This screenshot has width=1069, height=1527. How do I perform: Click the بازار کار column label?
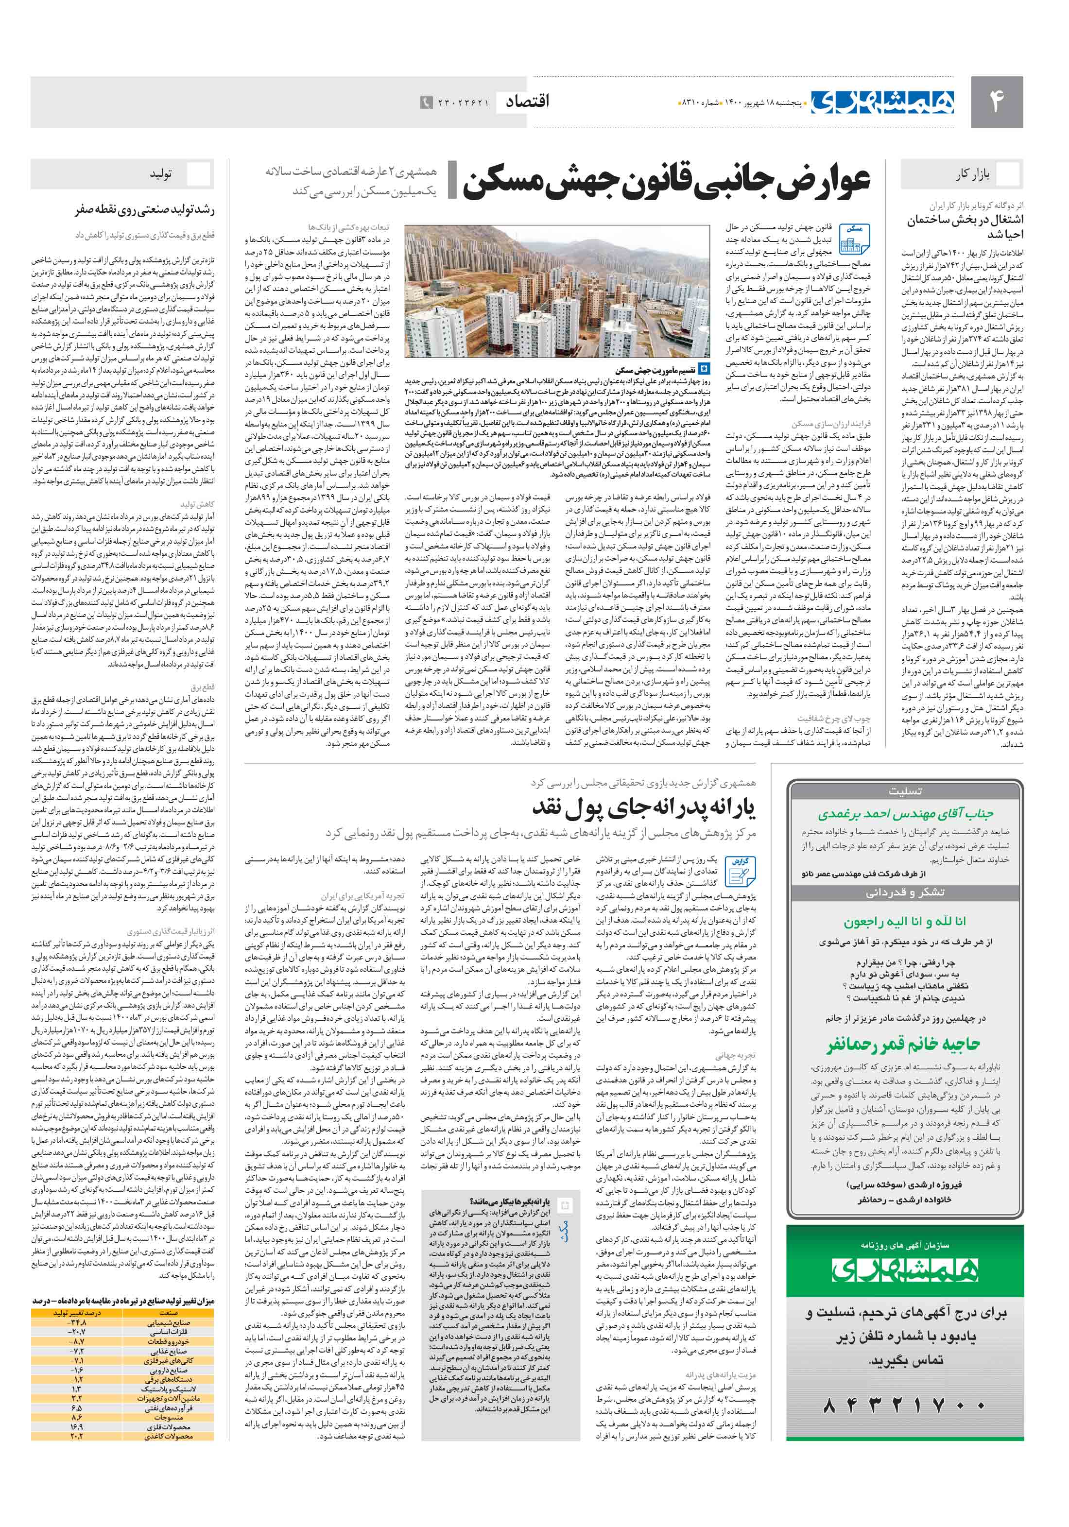(972, 175)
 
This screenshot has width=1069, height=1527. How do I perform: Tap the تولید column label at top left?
(160, 175)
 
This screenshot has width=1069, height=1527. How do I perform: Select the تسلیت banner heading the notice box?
(904, 791)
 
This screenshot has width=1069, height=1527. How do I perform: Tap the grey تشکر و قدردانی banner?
(904, 892)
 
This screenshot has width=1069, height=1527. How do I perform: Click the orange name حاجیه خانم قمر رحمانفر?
(904, 1045)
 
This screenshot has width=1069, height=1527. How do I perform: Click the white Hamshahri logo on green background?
(904, 1271)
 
